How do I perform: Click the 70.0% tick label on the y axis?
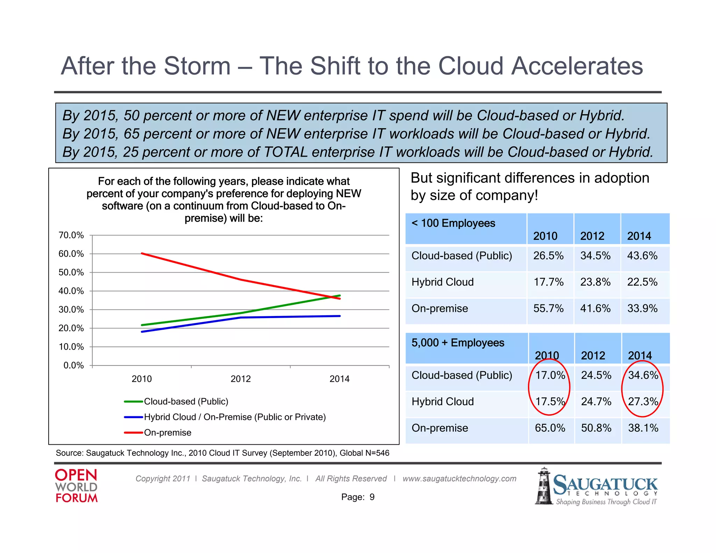tap(71, 235)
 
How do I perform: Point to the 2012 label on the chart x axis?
tap(241, 379)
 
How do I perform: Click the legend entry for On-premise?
tap(167, 433)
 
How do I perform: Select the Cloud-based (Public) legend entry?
tap(186, 402)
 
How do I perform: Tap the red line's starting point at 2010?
tap(142, 253)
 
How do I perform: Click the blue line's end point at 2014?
tap(339, 316)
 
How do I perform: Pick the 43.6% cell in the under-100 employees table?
tap(642, 256)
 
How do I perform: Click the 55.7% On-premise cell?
tap(548, 309)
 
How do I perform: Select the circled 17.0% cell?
tap(550, 375)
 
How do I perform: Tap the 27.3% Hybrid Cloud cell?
tap(643, 402)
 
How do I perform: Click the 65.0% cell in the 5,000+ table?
tap(550, 428)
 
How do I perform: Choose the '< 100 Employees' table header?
tap(453, 223)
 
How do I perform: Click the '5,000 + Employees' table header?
tap(458, 343)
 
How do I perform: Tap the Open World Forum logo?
tap(76, 486)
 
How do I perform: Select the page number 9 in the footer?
tap(372, 497)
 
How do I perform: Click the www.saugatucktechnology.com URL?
tap(459, 479)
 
